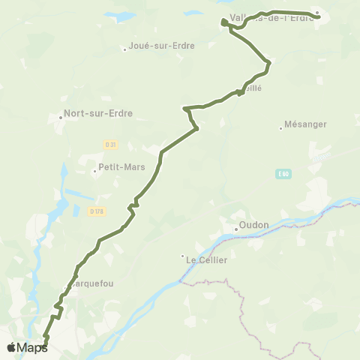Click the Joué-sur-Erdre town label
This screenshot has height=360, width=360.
[x=163, y=46]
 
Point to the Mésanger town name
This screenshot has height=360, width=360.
[x=306, y=124]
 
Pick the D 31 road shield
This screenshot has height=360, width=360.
[x=111, y=144]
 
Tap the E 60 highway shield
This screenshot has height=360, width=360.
[x=283, y=173]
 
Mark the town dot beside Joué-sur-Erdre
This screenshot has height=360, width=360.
[x=125, y=50]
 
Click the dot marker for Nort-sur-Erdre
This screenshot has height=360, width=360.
[x=61, y=117]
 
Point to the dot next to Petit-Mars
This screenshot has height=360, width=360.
[x=95, y=172]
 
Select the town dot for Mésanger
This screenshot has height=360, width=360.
[x=280, y=128]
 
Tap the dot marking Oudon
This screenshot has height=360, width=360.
[x=235, y=229]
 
